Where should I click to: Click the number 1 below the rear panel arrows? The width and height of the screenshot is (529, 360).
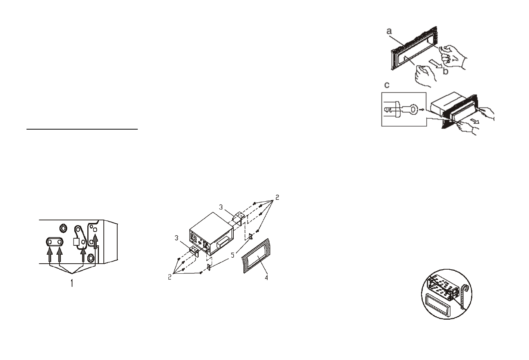pyautogui.click(x=72, y=283)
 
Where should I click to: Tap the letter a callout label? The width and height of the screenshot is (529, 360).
pyautogui.click(x=389, y=32)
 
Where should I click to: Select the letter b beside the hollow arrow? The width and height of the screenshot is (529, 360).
pyautogui.click(x=445, y=71)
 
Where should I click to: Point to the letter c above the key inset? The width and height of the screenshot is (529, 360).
pyautogui.click(x=387, y=85)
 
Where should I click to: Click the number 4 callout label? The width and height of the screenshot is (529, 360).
pyautogui.click(x=266, y=278)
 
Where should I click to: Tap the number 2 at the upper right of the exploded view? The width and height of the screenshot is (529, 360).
pyautogui.click(x=277, y=197)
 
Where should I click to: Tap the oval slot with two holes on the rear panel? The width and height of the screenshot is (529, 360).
pyautogui.click(x=55, y=242)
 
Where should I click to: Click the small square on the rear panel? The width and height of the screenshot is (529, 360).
pyautogui.click(x=77, y=242)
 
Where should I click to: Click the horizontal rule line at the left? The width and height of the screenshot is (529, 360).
pyautogui.click(x=82, y=130)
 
